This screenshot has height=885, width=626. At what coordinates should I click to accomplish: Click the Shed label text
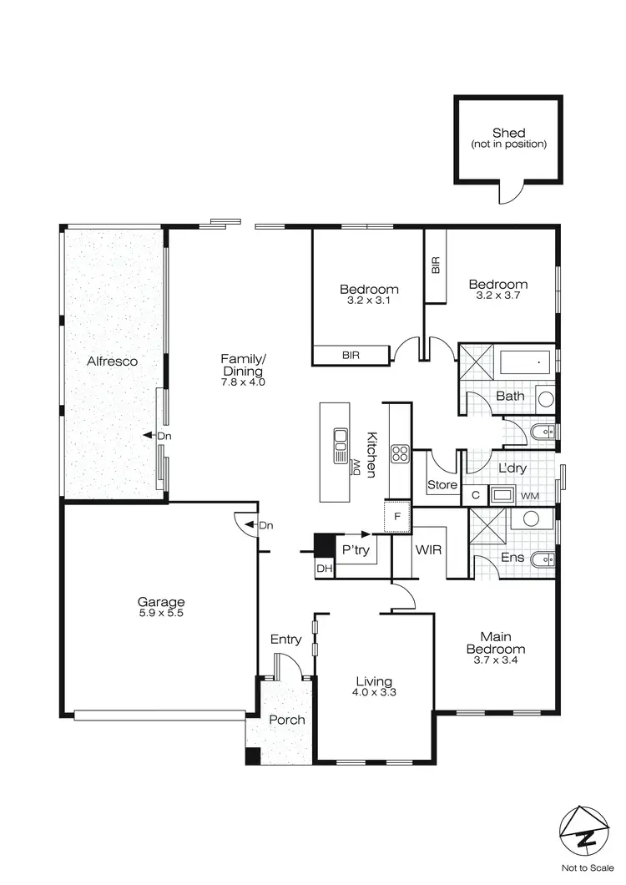pos(508,133)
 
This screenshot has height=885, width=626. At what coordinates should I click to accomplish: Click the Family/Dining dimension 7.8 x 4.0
pos(243,382)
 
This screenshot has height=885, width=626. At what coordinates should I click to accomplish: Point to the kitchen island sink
pos(341,446)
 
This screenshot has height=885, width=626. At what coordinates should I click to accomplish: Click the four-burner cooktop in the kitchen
pos(400,454)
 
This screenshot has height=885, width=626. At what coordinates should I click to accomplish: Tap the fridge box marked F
pos(398,516)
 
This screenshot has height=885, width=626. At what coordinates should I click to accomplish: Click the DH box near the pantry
pos(323,569)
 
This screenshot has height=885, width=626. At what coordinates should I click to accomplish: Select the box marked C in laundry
pos(474,495)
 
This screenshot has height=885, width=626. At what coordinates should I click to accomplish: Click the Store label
pos(442,484)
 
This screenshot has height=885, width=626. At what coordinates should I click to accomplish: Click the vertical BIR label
pos(436,265)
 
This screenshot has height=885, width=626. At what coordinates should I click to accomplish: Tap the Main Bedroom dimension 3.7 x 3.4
pos(495,661)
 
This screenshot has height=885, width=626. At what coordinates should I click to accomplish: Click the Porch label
pos(286,720)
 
